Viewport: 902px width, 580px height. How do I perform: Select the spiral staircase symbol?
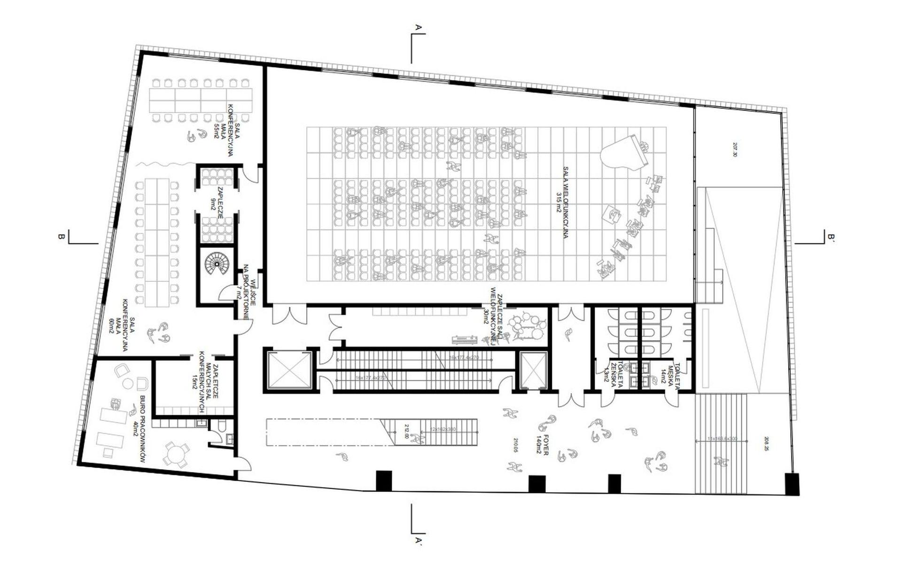coord(217,265)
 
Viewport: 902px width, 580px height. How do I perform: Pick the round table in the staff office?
coord(176,454)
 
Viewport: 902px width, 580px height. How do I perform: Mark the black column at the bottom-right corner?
coord(792,484)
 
